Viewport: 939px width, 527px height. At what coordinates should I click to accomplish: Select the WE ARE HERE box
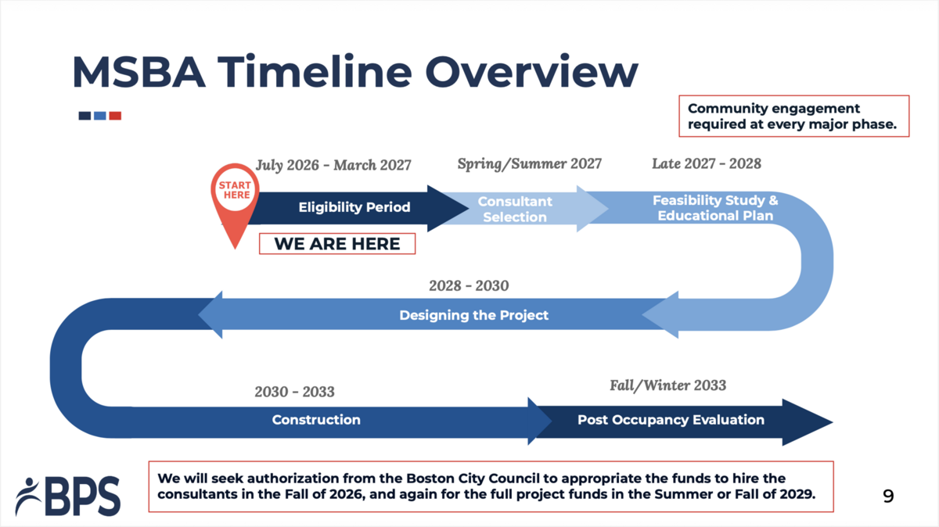pos(336,244)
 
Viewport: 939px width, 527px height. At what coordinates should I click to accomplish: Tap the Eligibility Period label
pos(354,207)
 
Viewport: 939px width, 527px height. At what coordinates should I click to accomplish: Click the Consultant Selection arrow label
pos(515,209)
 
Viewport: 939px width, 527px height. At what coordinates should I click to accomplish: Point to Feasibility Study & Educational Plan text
pos(715,208)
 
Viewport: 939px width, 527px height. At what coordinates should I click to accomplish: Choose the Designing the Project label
pos(473,315)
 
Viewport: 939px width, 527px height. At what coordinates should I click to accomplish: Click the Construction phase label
pos(316,420)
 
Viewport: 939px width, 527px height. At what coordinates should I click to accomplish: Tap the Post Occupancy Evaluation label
pos(671,420)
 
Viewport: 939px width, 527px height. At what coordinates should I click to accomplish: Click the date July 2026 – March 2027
pos(333,165)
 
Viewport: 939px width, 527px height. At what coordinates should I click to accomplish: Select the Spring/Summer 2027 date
pos(529,163)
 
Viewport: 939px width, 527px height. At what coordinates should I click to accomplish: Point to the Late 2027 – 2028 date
pos(706,163)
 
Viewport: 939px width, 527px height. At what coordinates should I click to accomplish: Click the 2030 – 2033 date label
pos(294,392)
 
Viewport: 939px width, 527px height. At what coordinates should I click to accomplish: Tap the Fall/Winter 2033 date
pos(667,385)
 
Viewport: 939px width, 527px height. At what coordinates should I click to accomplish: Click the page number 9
pos(887,496)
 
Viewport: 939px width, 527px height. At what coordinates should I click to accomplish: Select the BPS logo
pos(68,496)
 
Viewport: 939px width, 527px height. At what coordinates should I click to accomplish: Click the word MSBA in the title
pos(139,72)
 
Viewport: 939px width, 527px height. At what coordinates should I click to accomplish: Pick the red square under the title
pos(115,116)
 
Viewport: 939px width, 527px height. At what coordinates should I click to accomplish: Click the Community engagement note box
pos(793,117)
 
